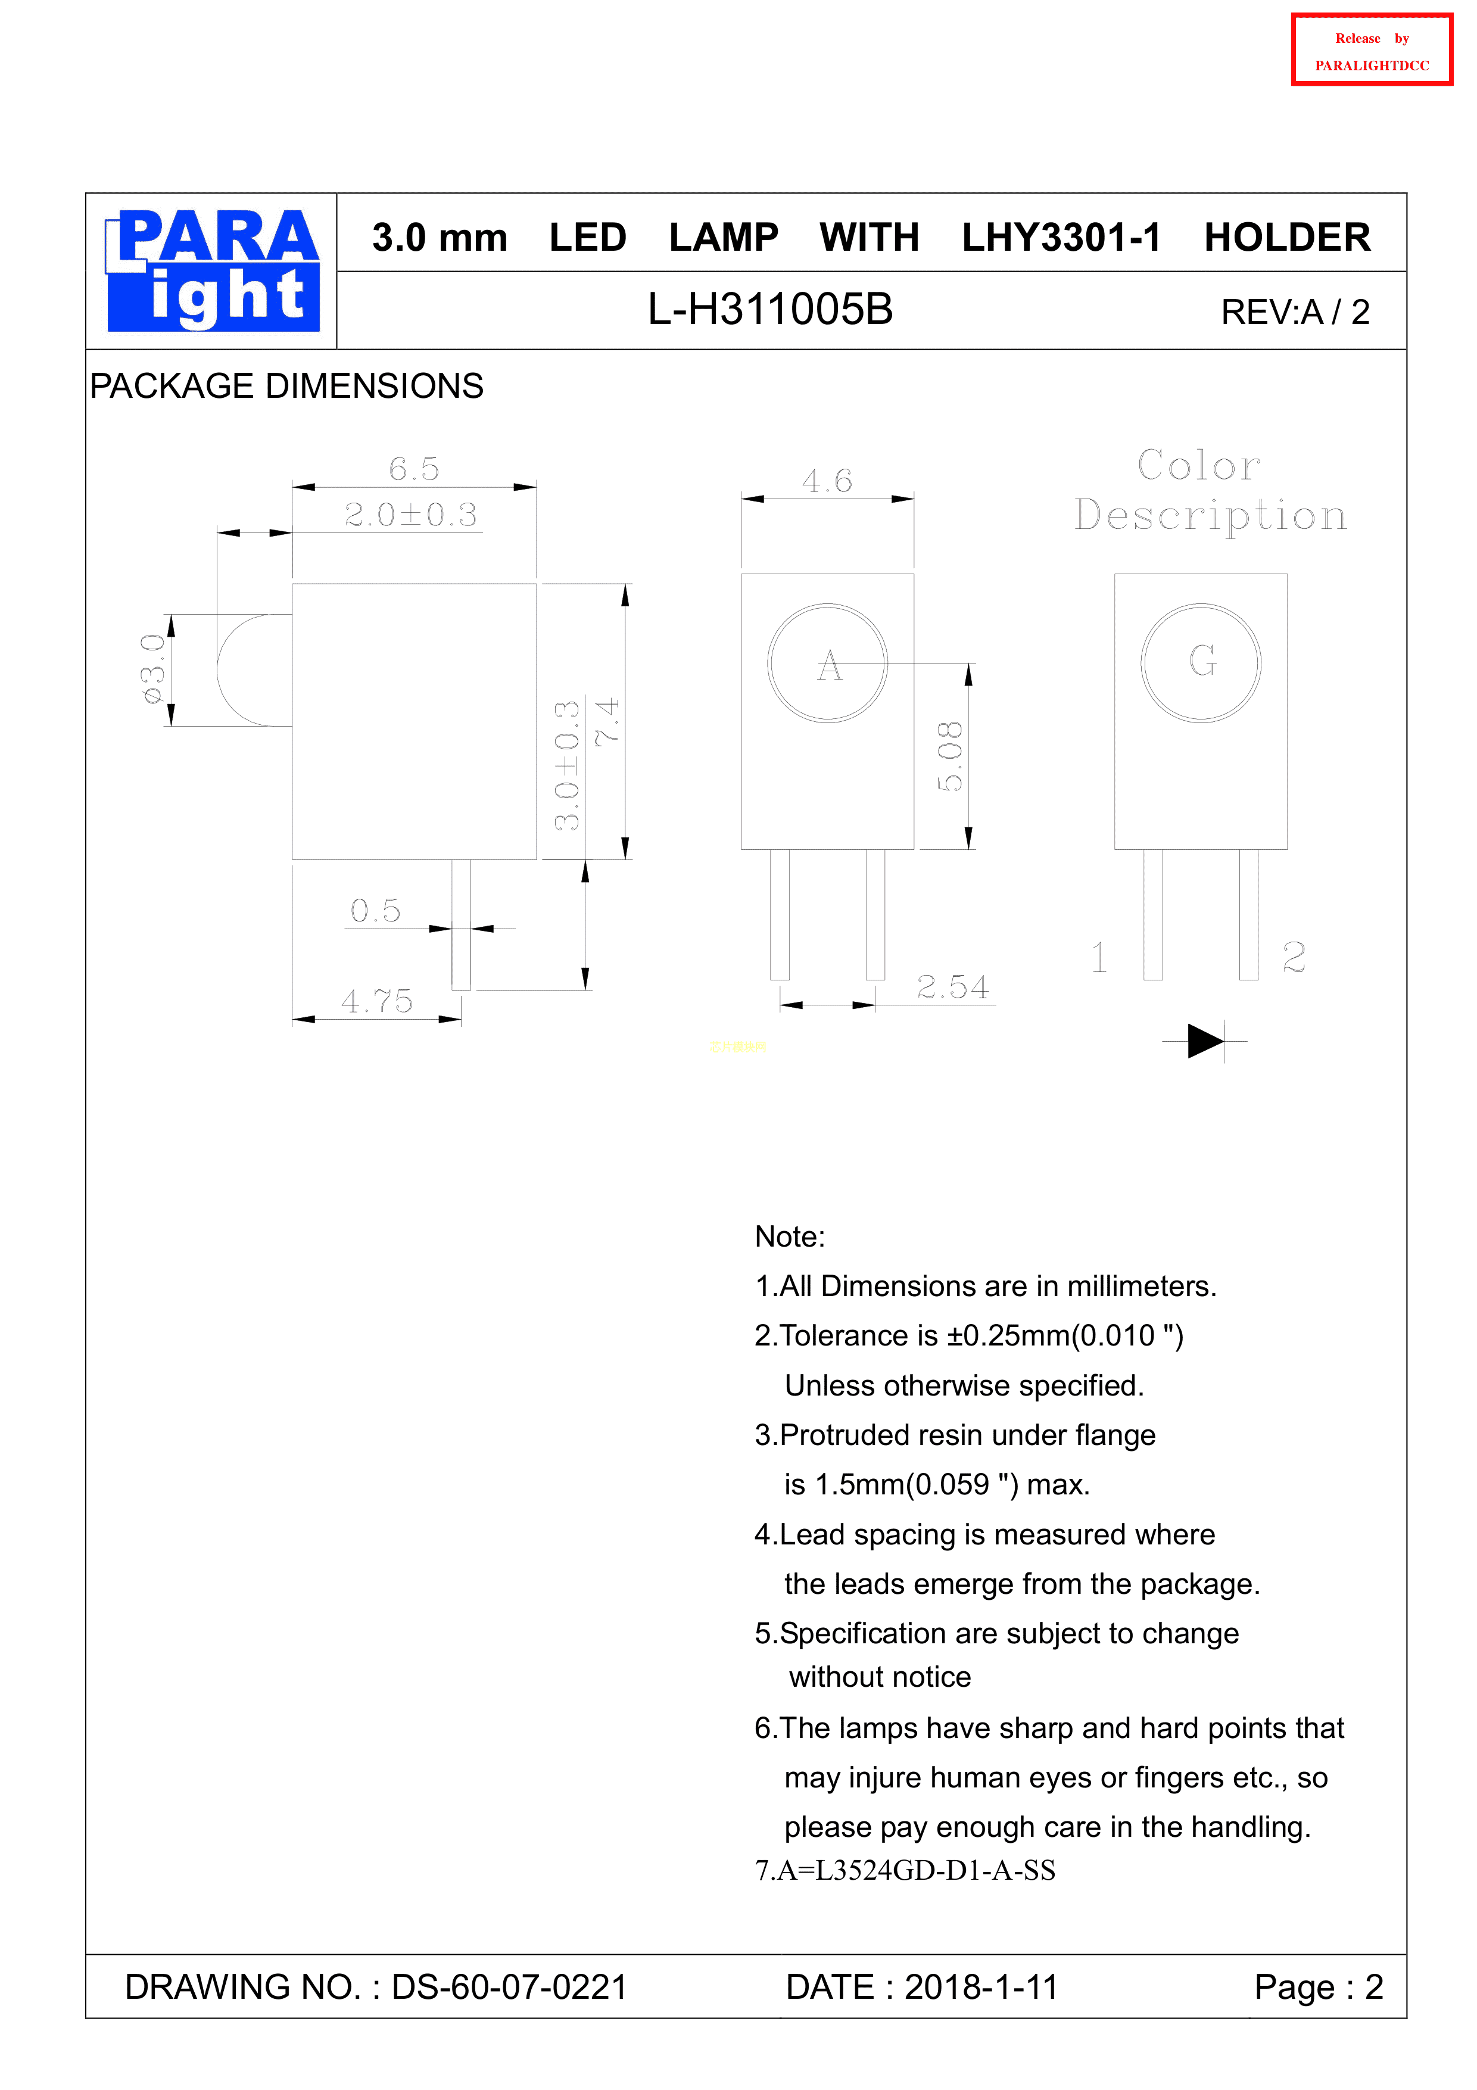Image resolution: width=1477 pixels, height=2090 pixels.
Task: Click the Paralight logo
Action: (x=213, y=270)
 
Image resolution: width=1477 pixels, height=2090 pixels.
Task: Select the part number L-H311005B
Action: (x=770, y=310)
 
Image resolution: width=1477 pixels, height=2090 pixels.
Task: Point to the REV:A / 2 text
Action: (x=1294, y=312)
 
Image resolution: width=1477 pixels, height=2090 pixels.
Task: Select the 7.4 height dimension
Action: (x=607, y=722)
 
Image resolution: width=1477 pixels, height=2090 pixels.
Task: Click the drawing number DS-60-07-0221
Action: (x=509, y=1987)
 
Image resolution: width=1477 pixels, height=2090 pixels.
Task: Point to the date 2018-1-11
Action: (x=981, y=1987)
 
